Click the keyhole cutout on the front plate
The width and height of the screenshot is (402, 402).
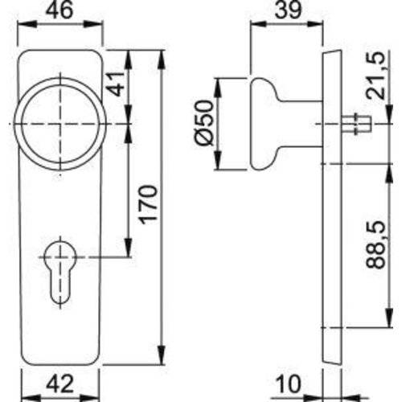tap(59, 269)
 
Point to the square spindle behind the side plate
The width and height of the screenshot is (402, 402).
tap(352, 125)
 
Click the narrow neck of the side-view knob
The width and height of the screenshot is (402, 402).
tap(301, 124)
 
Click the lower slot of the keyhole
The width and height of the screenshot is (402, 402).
tap(59, 285)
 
